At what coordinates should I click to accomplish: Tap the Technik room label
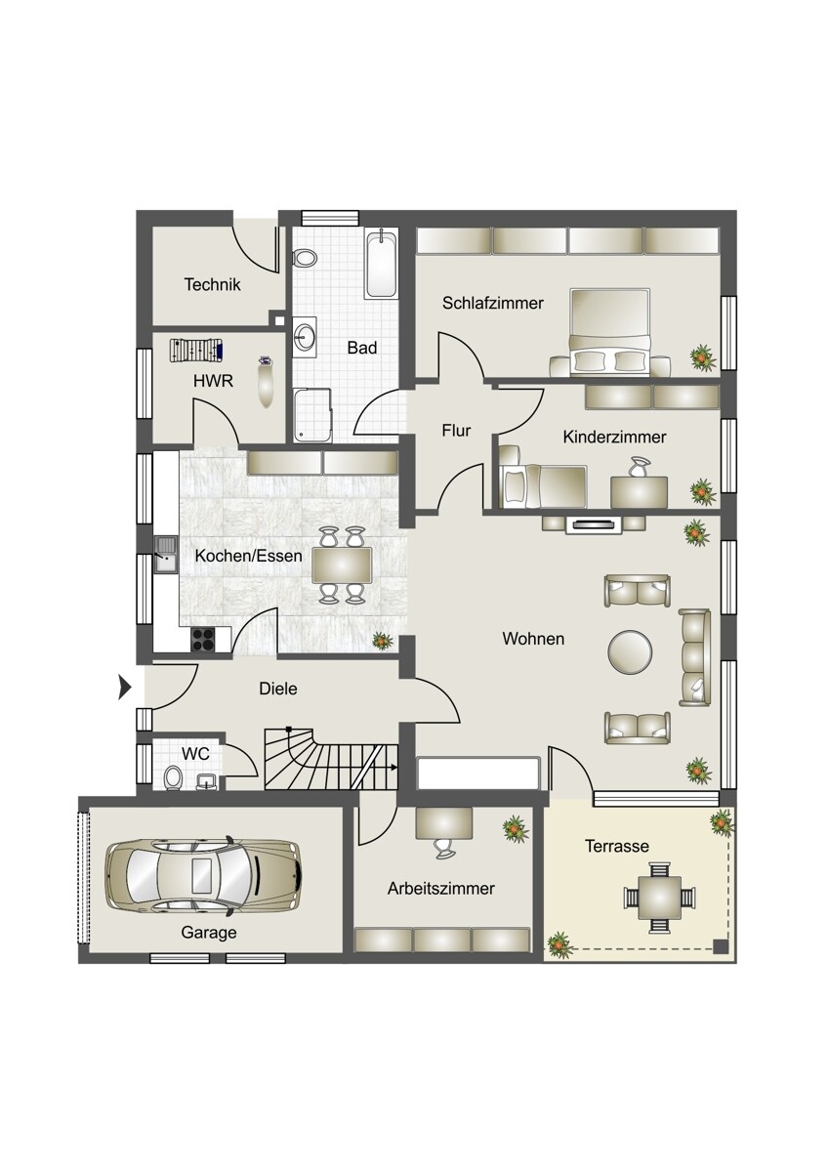pyautogui.click(x=212, y=284)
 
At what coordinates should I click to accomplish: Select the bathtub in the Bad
pyautogui.click(x=383, y=265)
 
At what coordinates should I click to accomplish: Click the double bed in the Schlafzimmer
pyautogui.click(x=610, y=332)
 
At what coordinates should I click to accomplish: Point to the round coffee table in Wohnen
pyautogui.click(x=631, y=651)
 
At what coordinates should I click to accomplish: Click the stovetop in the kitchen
pyautogui.click(x=203, y=639)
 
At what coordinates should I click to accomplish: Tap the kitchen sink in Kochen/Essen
pyautogui.click(x=166, y=555)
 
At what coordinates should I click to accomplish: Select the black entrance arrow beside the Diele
pyautogui.click(x=124, y=687)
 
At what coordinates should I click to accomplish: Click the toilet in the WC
pyautogui.click(x=172, y=777)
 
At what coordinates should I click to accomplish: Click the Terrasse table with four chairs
pyautogui.click(x=659, y=899)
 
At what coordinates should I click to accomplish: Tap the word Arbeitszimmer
pyautogui.click(x=441, y=889)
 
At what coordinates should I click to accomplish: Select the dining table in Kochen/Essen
pyautogui.click(x=342, y=565)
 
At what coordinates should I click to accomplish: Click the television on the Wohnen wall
pyautogui.click(x=595, y=523)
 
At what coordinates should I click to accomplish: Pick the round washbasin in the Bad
pyautogui.click(x=305, y=336)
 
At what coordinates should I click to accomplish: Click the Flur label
pyautogui.click(x=456, y=431)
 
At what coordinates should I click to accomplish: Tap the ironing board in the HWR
pyautogui.click(x=196, y=350)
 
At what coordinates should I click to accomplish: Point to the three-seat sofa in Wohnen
pyautogui.click(x=694, y=657)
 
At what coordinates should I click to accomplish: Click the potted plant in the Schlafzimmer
pyautogui.click(x=702, y=358)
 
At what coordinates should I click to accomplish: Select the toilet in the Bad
pyautogui.click(x=305, y=258)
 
